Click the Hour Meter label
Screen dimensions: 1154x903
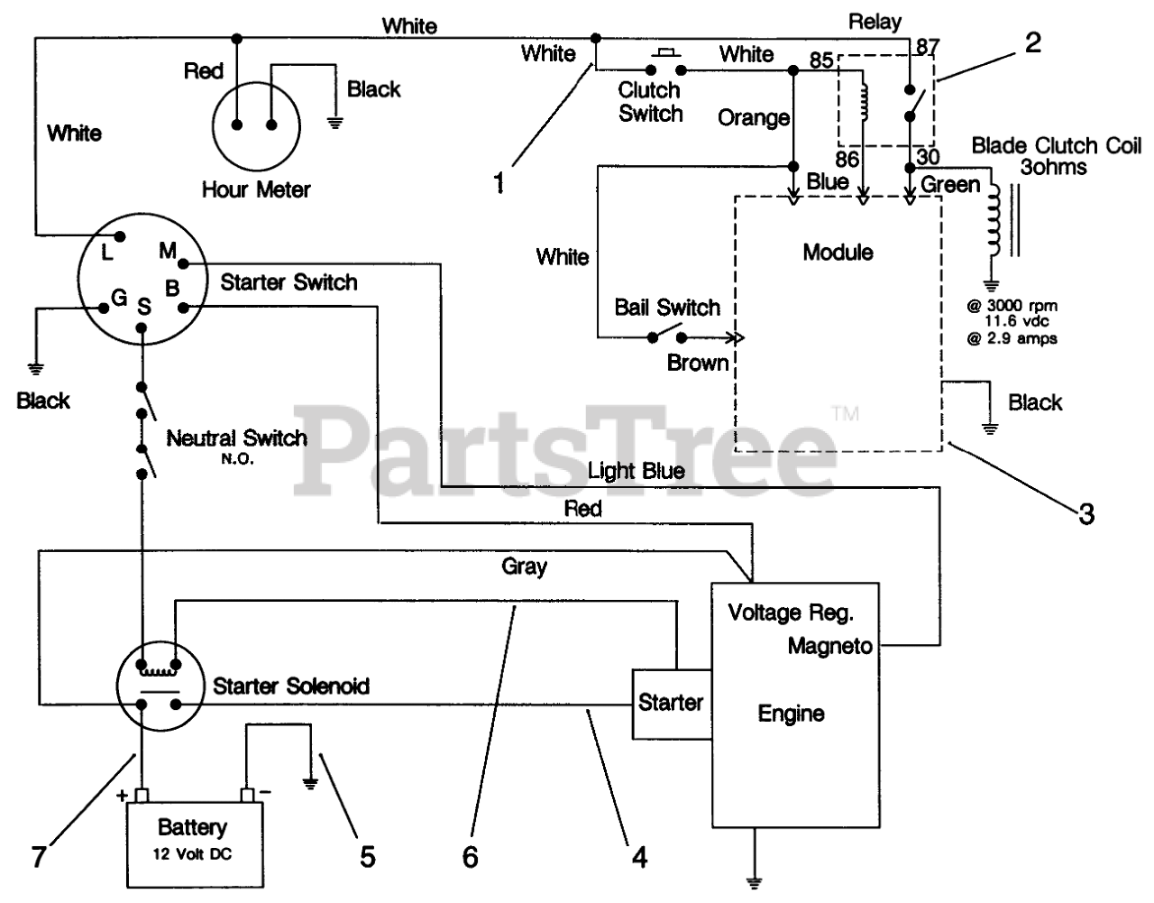(x=256, y=189)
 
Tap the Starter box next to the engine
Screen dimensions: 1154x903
(x=672, y=704)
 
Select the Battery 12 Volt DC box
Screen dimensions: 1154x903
(x=195, y=844)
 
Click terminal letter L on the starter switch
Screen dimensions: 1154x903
(x=107, y=253)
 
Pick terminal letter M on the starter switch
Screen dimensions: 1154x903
(x=168, y=250)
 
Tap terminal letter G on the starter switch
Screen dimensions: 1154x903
(x=119, y=298)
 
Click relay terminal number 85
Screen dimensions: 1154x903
(x=821, y=60)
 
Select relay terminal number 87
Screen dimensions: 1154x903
(x=928, y=47)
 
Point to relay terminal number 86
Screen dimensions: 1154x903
(x=847, y=159)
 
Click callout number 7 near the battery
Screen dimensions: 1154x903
(x=38, y=856)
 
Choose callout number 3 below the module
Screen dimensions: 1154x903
(x=1086, y=513)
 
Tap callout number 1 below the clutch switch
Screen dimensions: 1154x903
(x=499, y=183)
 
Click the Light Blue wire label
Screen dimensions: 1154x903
(x=637, y=471)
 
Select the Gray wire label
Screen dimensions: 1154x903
(x=524, y=567)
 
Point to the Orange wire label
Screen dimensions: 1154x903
(x=754, y=117)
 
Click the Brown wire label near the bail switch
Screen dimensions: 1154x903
(x=698, y=363)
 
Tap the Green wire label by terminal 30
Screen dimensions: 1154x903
(x=950, y=184)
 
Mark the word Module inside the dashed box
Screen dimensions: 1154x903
(x=838, y=253)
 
